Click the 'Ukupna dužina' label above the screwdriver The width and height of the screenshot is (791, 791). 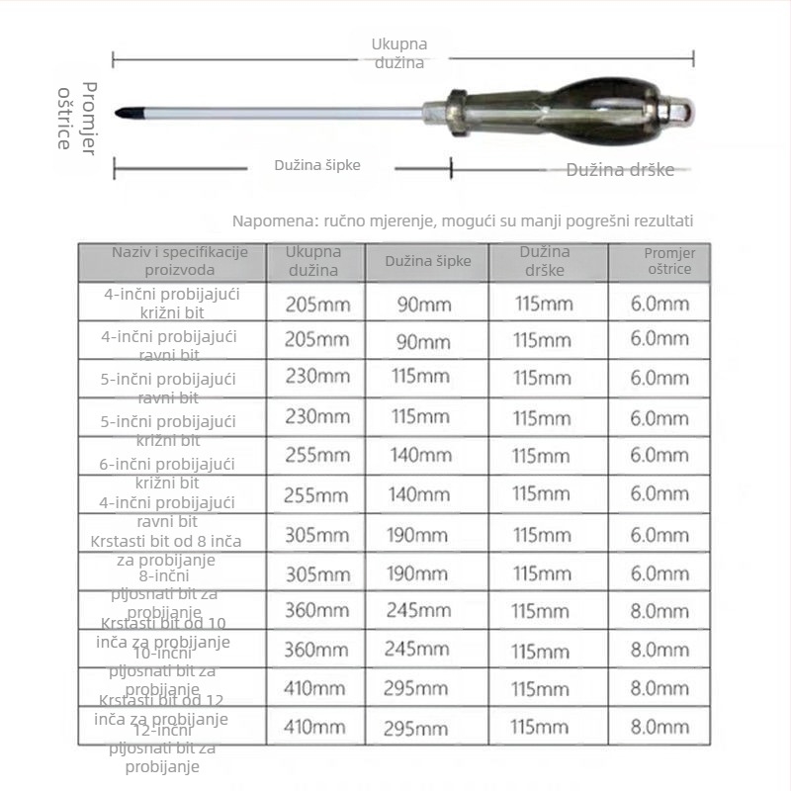point(398,52)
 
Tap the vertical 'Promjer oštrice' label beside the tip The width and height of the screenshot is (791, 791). point(75,116)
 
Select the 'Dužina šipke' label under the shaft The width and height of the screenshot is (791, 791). point(317,165)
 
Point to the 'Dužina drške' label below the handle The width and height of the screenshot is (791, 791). point(620,170)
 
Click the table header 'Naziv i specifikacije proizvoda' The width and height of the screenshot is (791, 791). point(173,261)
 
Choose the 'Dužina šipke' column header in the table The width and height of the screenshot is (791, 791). point(427,262)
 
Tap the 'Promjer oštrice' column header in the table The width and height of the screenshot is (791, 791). point(669,261)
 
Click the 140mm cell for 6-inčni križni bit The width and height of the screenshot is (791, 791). point(424,456)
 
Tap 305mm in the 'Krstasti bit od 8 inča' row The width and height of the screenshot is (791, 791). point(316,535)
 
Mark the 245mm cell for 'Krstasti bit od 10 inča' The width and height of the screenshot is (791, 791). point(424,611)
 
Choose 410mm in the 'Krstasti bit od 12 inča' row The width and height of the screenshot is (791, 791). point(316,689)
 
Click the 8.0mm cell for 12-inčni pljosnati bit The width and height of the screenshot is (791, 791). point(659,727)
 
